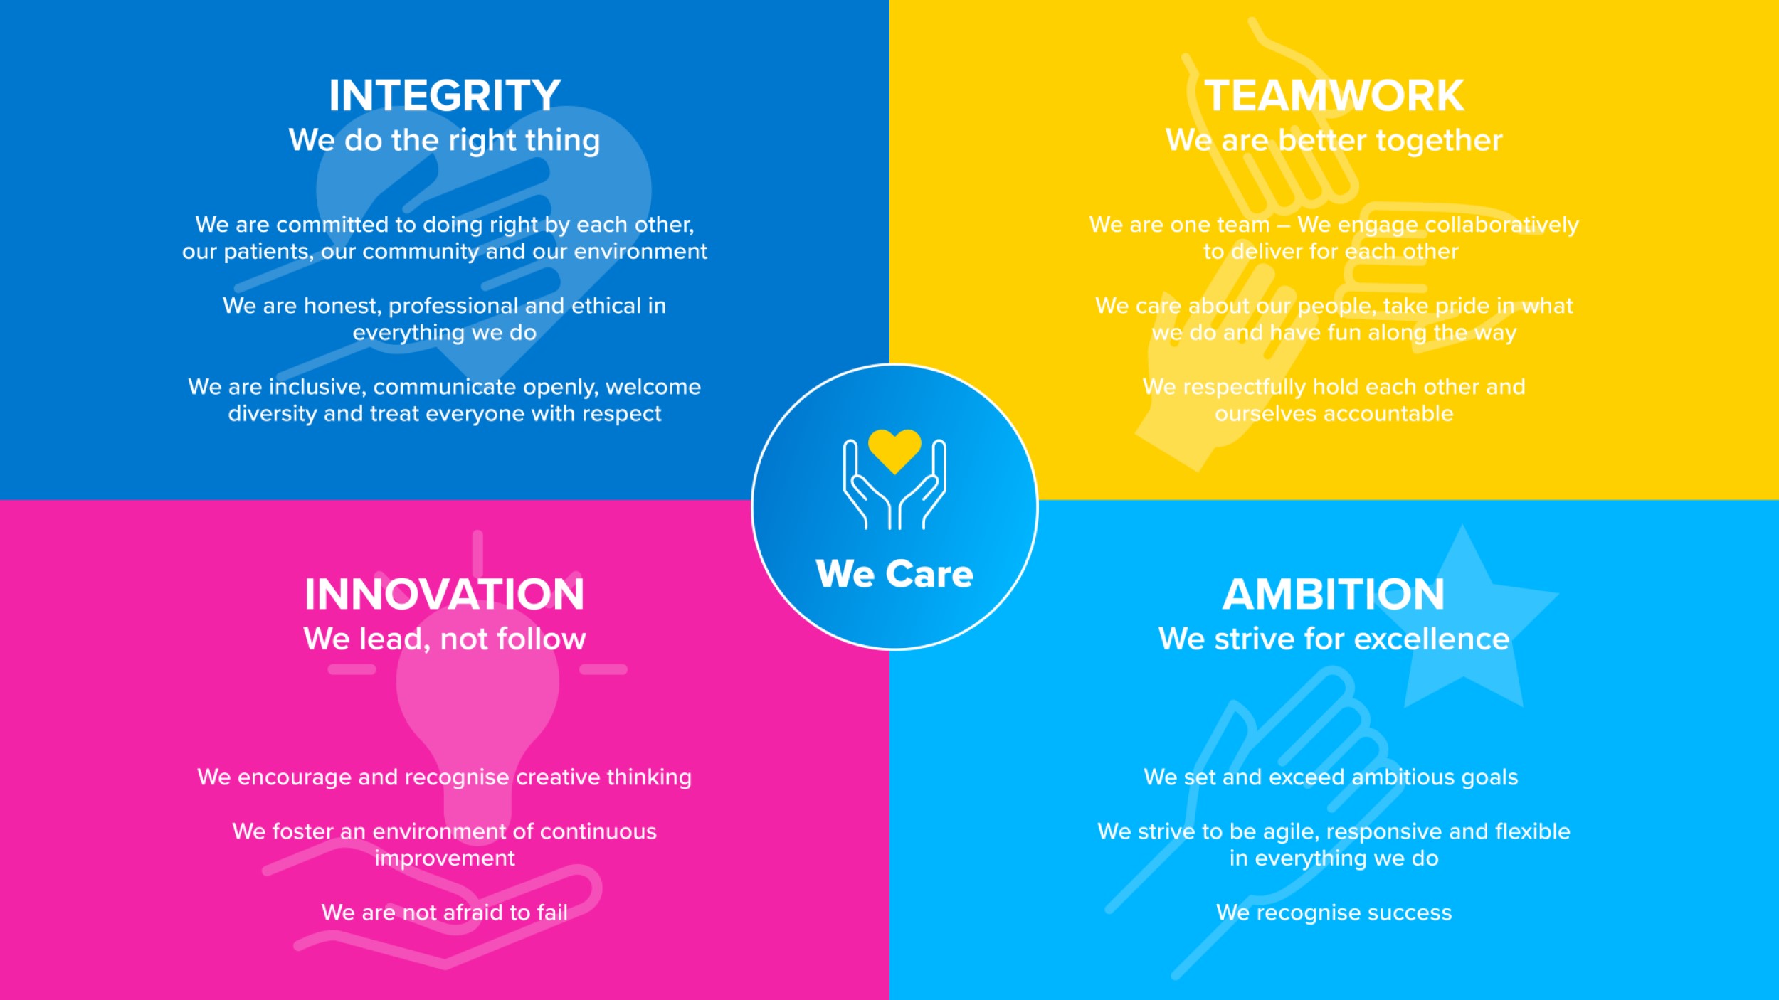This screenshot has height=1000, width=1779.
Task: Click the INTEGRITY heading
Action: (x=445, y=96)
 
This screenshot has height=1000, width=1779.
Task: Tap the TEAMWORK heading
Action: (x=1334, y=96)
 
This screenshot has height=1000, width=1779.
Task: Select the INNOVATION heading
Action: (x=445, y=595)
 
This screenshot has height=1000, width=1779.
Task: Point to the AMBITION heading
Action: (x=1334, y=595)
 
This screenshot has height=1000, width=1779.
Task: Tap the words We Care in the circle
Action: (x=894, y=574)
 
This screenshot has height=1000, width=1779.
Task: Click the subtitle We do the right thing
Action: (x=445, y=141)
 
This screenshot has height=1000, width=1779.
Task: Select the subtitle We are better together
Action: (x=1334, y=141)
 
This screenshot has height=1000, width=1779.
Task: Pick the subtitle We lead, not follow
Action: (x=445, y=639)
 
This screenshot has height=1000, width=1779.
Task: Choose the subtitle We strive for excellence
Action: (x=1334, y=639)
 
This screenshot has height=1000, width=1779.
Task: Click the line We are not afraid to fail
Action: (x=445, y=913)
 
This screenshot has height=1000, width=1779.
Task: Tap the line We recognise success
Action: (x=1334, y=913)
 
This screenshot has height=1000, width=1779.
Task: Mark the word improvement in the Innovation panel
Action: (x=445, y=858)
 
